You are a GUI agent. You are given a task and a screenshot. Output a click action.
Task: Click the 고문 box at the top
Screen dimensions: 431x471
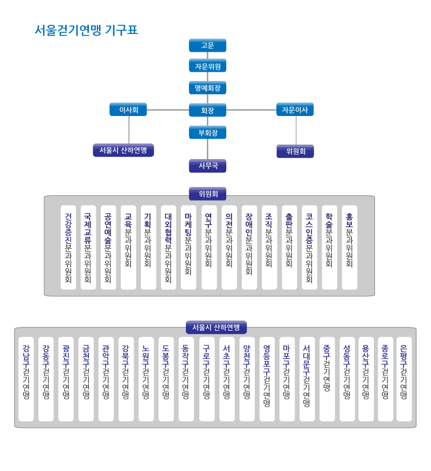(207, 45)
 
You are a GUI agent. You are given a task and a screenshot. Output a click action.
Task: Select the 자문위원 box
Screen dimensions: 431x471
(207, 66)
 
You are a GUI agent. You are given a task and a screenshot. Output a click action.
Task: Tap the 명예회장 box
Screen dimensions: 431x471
(207, 88)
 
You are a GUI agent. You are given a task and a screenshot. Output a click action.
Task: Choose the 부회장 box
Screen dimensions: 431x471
(207, 133)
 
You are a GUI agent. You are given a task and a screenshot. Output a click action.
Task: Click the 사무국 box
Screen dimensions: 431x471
(207, 166)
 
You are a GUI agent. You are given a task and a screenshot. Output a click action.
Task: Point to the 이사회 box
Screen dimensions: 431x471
(128, 110)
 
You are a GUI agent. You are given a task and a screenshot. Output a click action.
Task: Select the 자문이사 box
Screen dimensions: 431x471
(295, 110)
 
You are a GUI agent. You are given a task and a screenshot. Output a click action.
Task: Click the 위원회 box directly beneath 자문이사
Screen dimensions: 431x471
(295, 151)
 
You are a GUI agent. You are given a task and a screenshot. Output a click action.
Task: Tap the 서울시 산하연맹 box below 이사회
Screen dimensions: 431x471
(123, 150)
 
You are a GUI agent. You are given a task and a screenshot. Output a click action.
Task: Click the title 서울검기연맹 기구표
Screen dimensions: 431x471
(86, 30)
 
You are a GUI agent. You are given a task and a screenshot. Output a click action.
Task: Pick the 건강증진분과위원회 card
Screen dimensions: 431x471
(68, 248)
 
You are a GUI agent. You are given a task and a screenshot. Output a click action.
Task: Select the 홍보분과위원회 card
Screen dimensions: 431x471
(350, 248)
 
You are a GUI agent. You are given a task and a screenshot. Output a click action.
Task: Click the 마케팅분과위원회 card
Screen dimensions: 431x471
(189, 248)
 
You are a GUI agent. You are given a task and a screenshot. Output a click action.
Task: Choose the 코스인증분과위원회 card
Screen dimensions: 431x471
(309, 248)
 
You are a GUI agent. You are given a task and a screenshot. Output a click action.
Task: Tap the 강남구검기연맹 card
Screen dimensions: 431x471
(26, 379)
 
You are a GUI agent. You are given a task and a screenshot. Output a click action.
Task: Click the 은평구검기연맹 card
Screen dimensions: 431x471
(404, 379)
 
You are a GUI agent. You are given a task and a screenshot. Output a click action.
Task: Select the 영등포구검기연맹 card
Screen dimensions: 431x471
(267, 379)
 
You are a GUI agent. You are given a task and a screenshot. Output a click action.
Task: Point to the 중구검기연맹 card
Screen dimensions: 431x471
(327, 379)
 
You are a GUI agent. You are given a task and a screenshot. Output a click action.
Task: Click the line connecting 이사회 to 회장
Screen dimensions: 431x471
(168, 110)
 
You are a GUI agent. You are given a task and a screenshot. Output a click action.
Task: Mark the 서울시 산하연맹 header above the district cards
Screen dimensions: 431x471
(216, 327)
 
